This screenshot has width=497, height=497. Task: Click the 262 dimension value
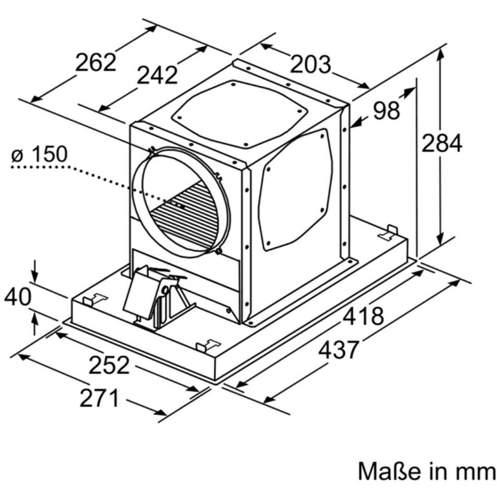coord(96,63)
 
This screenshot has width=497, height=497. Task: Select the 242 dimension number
coord(157,75)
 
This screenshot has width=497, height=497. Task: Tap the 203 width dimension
coord(310,64)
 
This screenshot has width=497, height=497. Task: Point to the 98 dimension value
coord(387,110)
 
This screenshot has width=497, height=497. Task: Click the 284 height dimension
coord(442,143)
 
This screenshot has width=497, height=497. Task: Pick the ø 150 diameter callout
coord(39,154)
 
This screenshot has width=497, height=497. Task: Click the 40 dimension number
coord(18,297)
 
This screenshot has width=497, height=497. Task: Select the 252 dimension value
coord(109,365)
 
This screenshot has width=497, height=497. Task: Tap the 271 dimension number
coord(99,398)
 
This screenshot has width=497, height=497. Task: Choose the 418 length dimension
coord(363,316)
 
